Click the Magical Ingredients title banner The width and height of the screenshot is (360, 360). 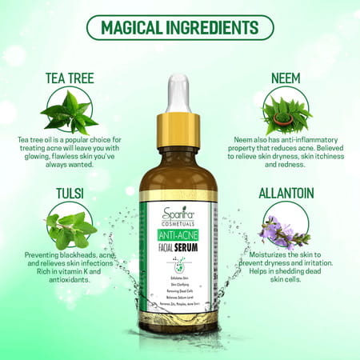click(179, 27)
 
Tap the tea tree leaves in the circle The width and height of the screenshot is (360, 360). click(69, 110)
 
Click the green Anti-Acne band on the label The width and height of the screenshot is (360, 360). click(179, 236)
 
